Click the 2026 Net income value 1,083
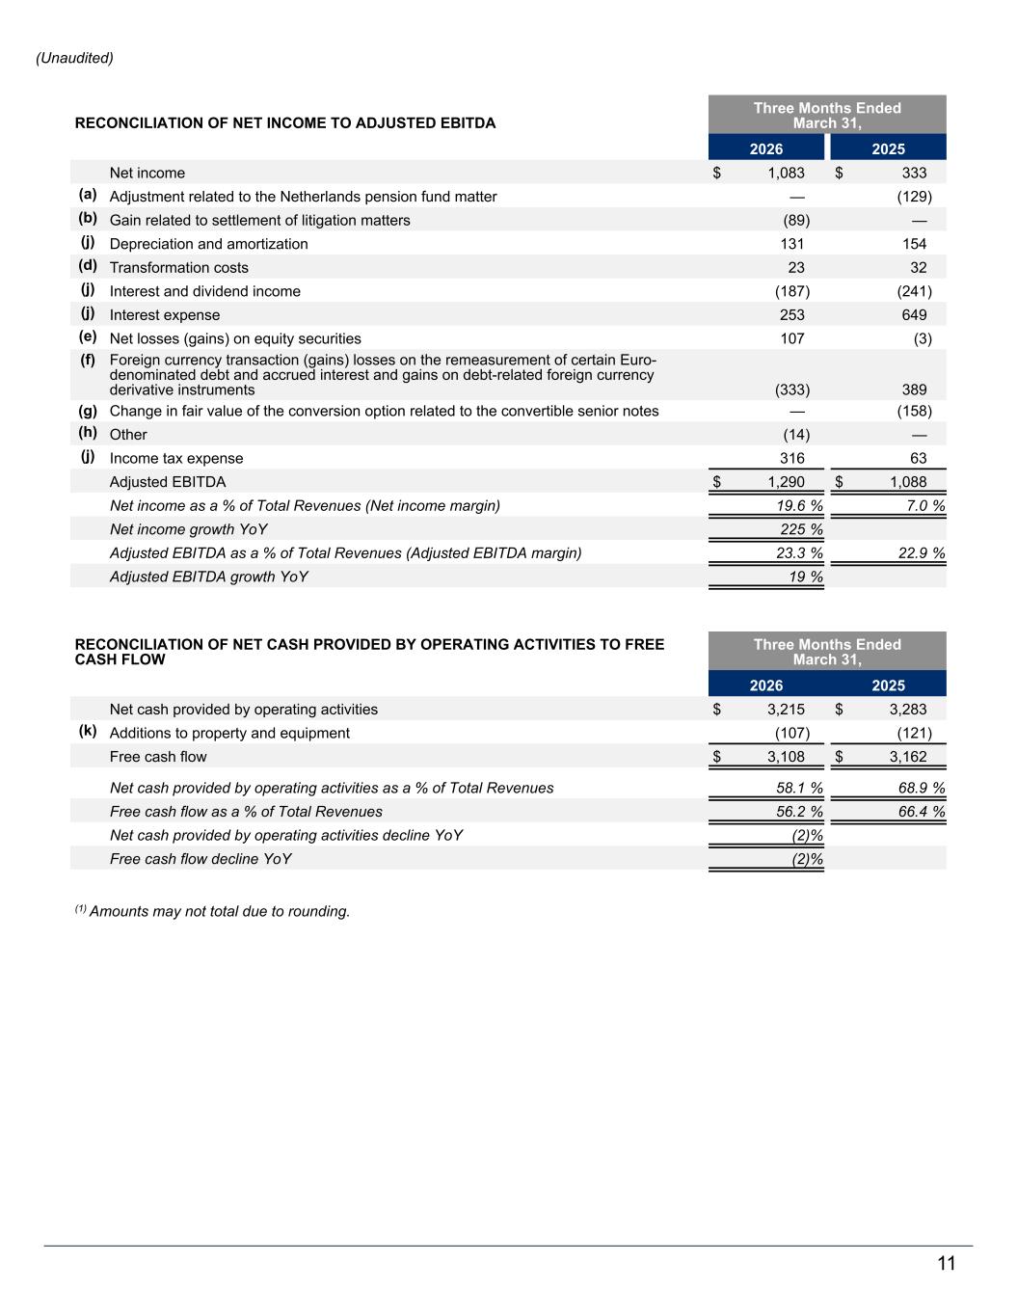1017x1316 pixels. (x=786, y=173)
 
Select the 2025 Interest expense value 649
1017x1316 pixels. (x=914, y=315)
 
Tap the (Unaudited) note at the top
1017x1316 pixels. (x=74, y=58)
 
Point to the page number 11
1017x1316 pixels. (x=946, y=1264)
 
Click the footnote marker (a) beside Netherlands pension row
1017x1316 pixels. (x=88, y=195)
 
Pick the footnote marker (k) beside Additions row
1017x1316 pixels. (x=88, y=731)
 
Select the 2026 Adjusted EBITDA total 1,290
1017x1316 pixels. (x=786, y=482)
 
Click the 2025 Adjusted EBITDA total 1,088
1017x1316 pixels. (x=908, y=482)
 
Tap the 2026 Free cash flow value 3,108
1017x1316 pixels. (x=786, y=757)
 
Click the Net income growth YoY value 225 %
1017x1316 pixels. (x=801, y=529)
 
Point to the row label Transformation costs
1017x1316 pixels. (x=178, y=268)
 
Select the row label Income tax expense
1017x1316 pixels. (x=176, y=459)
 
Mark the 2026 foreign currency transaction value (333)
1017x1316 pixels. (x=792, y=389)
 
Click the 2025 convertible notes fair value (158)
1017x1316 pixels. (x=914, y=411)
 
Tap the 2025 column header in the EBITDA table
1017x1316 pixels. (x=888, y=148)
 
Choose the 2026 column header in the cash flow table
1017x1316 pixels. (x=766, y=685)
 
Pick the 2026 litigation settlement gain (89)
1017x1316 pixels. (x=796, y=221)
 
